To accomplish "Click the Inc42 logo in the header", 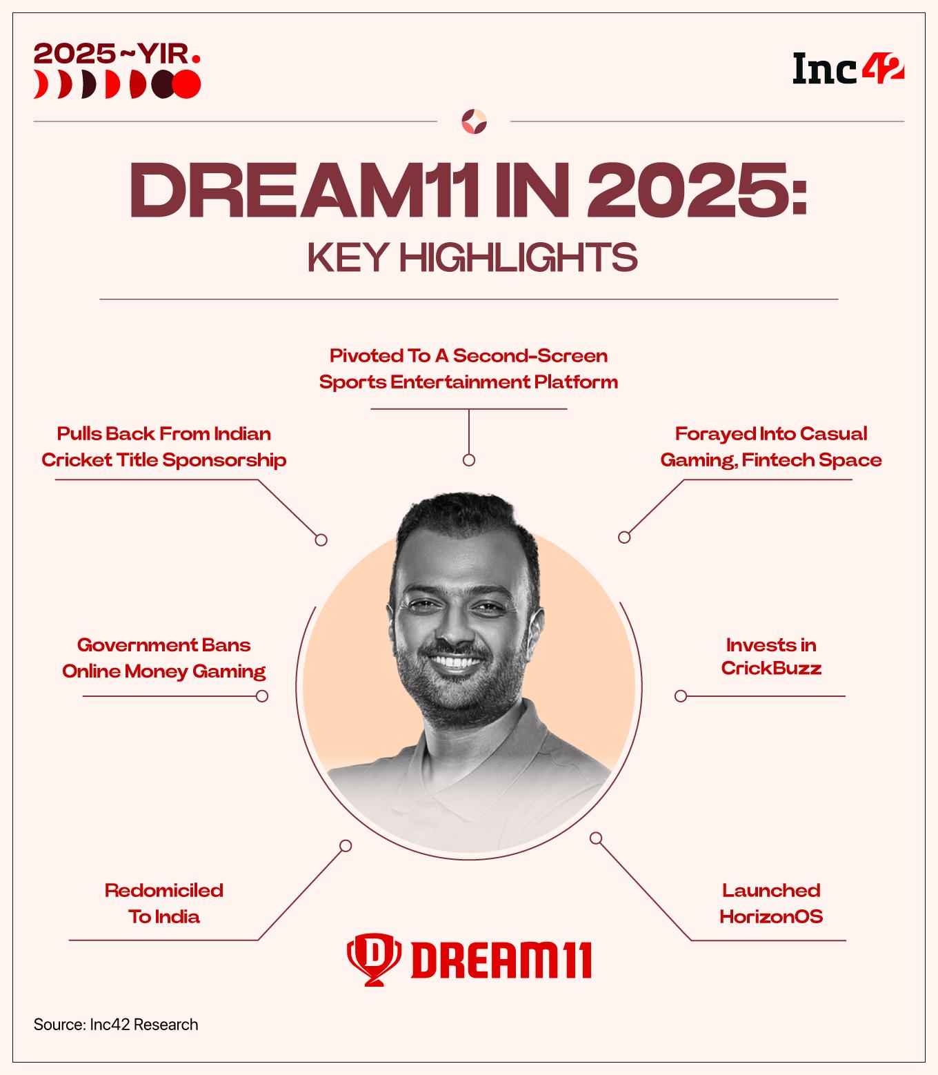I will click(848, 69).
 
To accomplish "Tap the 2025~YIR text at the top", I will click(117, 53).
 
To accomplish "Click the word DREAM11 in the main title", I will click(303, 189).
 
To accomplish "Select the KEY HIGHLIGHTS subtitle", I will click(472, 257).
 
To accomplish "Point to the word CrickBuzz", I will click(771, 668).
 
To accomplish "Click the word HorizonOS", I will click(771, 916).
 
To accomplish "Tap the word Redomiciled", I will click(164, 890).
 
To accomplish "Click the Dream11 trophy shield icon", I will click(372, 958).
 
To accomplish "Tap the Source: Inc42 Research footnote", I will click(116, 1025).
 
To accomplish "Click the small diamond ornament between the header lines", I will click(474, 121).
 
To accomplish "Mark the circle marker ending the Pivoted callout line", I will click(469, 460).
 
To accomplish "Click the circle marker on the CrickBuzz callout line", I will click(681, 696).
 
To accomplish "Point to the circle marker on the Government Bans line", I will click(262, 696).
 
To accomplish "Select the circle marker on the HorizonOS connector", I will click(596, 838).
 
